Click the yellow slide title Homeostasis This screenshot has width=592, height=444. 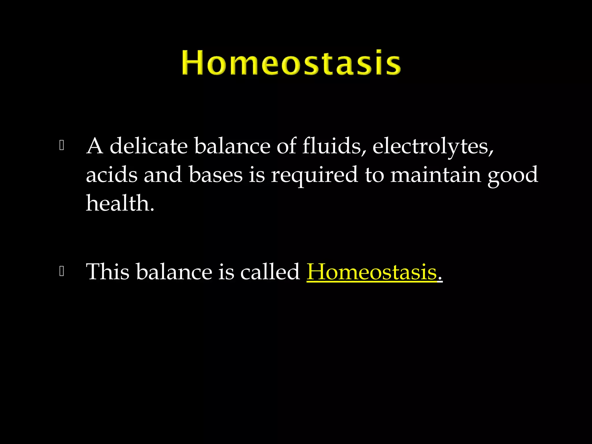291,62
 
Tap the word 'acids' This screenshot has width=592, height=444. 112,175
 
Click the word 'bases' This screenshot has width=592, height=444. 216,175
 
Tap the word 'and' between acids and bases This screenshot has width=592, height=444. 163,175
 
